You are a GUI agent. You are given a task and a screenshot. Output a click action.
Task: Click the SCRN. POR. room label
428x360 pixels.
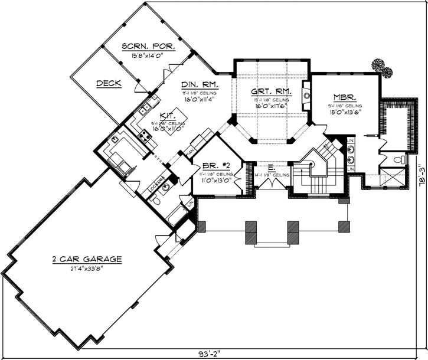[x=146, y=46]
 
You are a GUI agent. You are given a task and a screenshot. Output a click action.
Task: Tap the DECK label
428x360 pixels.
[x=109, y=84]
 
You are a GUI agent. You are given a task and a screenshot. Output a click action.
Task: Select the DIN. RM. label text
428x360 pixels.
[x=200, y=85]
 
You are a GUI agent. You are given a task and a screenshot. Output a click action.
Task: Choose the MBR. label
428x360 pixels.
[x=345, y=97]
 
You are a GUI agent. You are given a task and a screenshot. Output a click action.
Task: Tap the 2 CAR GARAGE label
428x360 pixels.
[x=86, y=258]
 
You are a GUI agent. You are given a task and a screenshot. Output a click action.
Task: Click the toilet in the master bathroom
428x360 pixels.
[x=401, y=160]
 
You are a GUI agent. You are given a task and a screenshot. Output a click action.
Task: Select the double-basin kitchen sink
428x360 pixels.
[x=145, y=109]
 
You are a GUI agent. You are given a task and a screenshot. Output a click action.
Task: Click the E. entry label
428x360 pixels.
[x=271, y=168]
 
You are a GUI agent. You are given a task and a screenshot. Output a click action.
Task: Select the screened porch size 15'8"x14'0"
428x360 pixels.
[x=146, y=55]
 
